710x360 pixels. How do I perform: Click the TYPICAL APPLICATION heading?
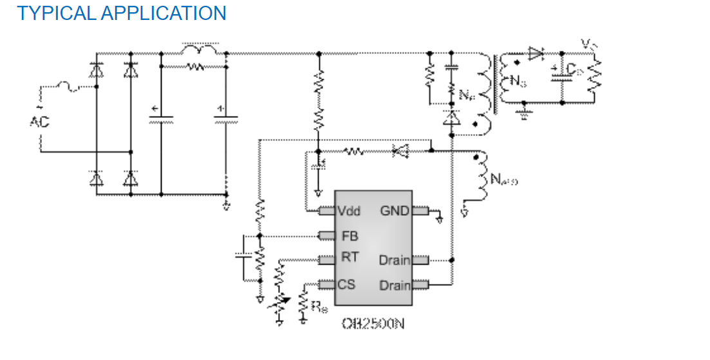pyautogui.click(x=122, y=13)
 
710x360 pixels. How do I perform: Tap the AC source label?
pyautogui.click(x=39, y=121)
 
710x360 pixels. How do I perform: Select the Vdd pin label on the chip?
pyautogui.click(x=349, y=211)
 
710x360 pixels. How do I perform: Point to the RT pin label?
pyautogui.click(x=350, y=258)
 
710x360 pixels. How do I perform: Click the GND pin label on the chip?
pyautogui.click(x=395, y=210)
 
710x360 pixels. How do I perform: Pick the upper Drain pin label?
pyautogui.click(x=394, y=260)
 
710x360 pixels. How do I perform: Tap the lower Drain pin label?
pyautogui.click(x=394, y=285)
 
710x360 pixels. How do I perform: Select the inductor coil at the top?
pyautogui.click(x=200, y=50)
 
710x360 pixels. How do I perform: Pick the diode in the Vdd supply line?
pyautogui.click(x=400, y=152)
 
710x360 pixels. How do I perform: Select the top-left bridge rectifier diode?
pyautogui.click(x=97, y=70)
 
